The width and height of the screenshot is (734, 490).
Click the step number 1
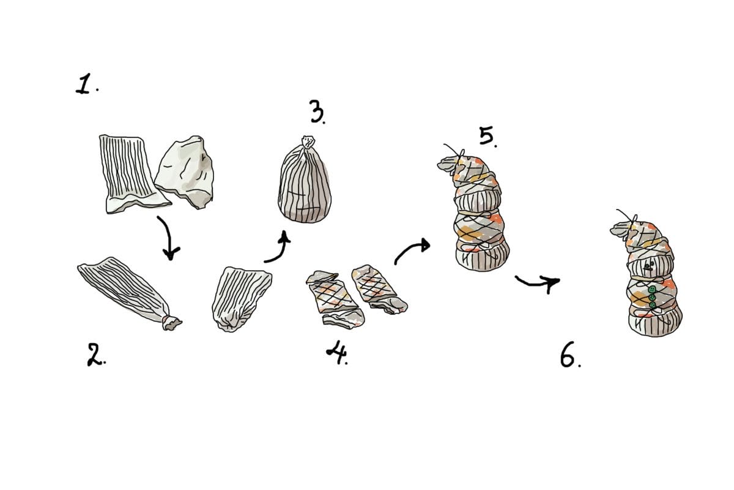pyautogui.click(x=85, y=85)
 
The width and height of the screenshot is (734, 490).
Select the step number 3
pyautogui.click(x=316, y=113)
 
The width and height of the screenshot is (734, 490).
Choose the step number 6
pyautogui.click(x=569, y=357)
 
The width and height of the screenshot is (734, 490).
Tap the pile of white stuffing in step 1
pyautogui.click(x=185, y=171)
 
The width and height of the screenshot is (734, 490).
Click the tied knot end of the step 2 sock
pyautogui.click(x=171, y=322)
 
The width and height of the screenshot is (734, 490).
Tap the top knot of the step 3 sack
pyautogui.click(x=306, y=141)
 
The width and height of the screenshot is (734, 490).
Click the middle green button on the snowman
pyautogui.click(x=652, y=298)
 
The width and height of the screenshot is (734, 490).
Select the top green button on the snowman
pyautogui.click(x=653, y=289)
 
